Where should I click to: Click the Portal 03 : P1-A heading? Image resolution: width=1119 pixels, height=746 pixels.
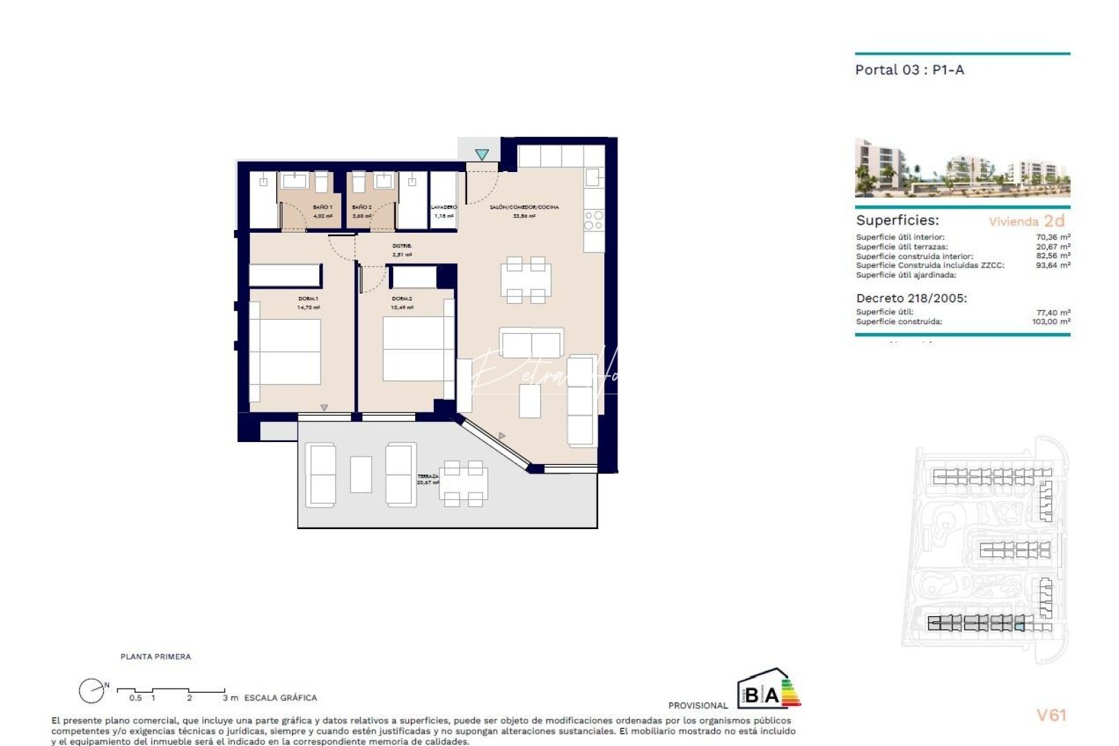[909, 70]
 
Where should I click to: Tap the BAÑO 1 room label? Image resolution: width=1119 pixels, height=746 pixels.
[322, 207]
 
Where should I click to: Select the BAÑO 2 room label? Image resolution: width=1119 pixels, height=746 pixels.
[361, 207]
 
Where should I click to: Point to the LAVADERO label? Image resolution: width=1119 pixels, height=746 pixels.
[443, 207]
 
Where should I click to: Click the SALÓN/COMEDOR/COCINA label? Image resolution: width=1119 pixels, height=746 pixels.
[524, 207]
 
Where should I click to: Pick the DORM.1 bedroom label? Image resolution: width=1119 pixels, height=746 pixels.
[308, 298]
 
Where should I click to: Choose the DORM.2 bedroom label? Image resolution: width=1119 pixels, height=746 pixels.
[402, 298]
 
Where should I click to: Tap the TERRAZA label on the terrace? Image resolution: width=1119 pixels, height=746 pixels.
[428, 477]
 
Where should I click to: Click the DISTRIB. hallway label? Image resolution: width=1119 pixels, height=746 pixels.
[402, 246]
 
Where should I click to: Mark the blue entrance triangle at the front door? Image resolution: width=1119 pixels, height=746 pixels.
[481, 155]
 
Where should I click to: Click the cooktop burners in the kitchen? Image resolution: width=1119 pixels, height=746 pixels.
[593, 220]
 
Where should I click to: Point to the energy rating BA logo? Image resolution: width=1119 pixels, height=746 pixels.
[767, 689]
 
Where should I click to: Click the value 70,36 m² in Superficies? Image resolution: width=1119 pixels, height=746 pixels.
[1053, 237]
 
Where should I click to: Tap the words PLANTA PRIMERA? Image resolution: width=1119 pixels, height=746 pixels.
[155, 657]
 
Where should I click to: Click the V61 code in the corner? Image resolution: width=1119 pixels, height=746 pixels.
[1051, 716]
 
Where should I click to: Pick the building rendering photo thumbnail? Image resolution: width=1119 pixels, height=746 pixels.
[962, 168]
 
